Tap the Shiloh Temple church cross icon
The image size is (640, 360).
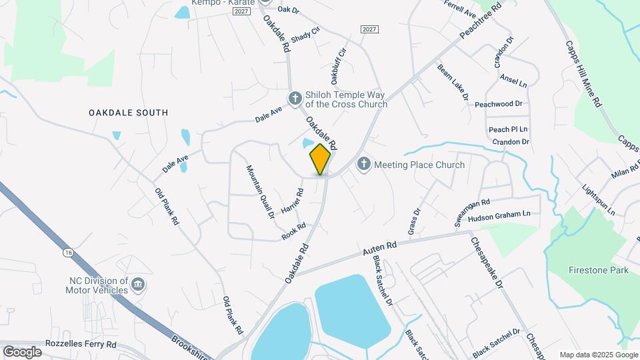(295, 99)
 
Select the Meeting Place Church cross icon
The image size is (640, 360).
(363, 164)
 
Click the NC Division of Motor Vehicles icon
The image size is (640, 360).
(137, 285)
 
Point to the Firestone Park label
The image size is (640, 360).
(598, 271)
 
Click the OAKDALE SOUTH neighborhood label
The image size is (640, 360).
(128, 113)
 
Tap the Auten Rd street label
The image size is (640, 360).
(380, 251)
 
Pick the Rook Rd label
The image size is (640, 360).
(293, 231)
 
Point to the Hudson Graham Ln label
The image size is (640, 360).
(499, 215)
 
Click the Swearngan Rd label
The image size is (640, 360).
(472, 212)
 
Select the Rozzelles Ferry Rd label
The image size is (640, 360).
(81, 345)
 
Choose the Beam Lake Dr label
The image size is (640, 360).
(453, 83)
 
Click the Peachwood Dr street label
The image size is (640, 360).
(498, 105)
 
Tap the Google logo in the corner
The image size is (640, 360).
(22, 351)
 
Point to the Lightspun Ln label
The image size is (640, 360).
(599, 199)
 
